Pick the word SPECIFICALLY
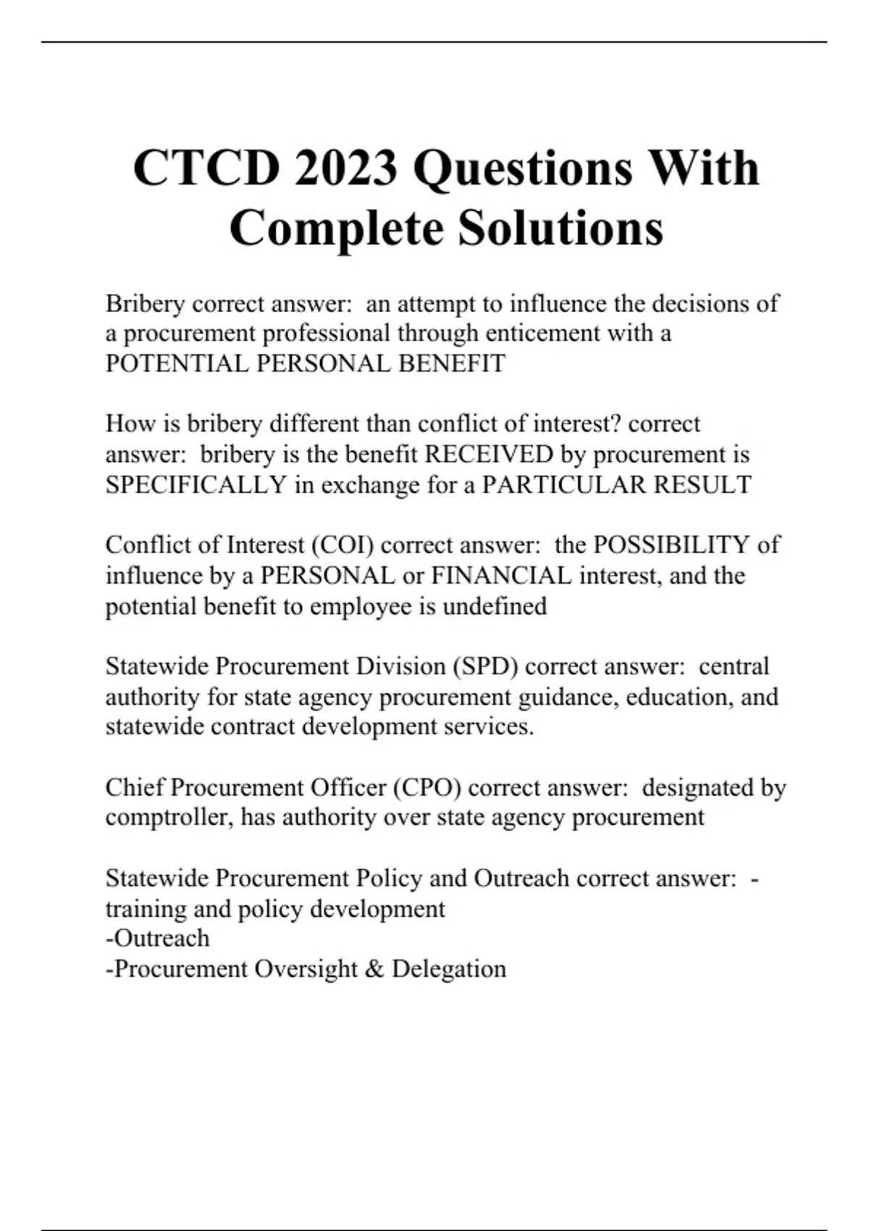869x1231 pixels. [x=196, y=484]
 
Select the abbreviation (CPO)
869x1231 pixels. [x=427, y=787]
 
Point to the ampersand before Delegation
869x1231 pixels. [x=374, y=969]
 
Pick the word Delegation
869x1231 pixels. [x=449, y=969]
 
